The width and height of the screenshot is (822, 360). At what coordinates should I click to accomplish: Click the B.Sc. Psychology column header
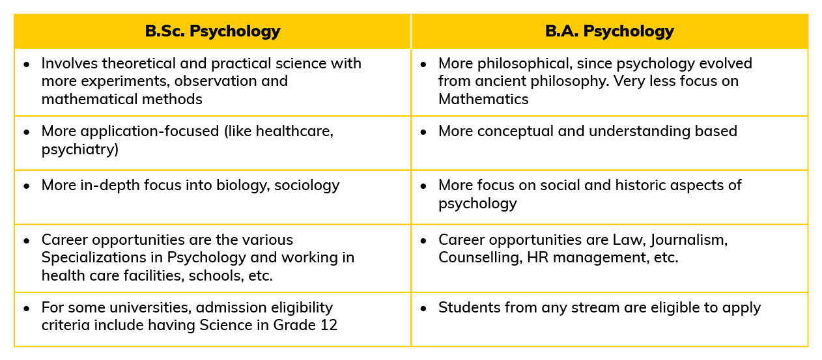tap(212, 31)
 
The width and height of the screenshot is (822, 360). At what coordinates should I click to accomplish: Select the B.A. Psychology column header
tap(610, 31)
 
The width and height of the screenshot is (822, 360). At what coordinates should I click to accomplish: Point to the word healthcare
tap(294, 132)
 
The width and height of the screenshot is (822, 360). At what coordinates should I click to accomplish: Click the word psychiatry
tap(79, 150)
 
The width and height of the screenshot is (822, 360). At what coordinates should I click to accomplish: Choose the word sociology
tap(307, 186)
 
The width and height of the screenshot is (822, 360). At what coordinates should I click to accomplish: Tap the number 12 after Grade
tap(329, 325)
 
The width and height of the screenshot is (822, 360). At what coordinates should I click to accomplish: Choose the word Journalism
tap(688, 240)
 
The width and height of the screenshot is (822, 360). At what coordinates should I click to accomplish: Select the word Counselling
tap(480, 258)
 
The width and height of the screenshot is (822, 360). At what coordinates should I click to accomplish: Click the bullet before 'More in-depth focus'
tap(27, 186)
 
